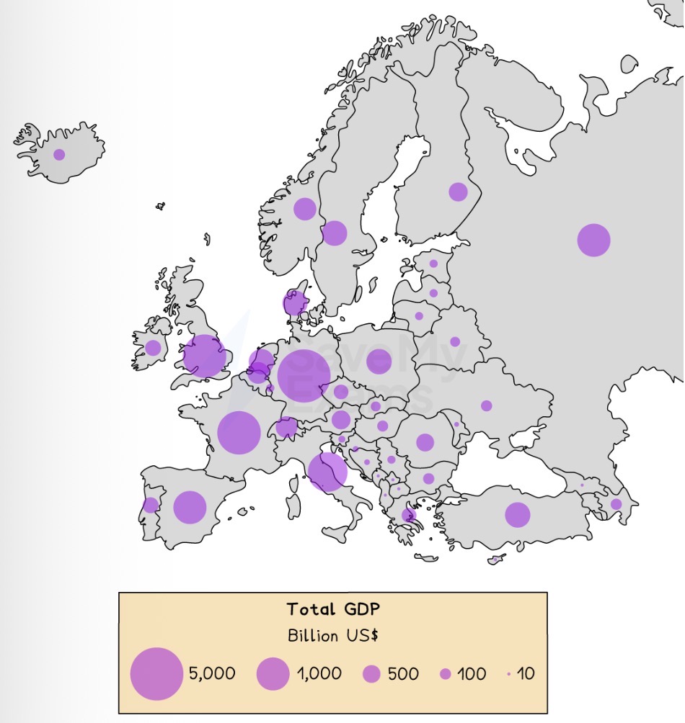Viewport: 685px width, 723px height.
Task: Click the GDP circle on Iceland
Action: [59, 154]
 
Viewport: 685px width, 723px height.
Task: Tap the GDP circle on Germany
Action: [304, 375]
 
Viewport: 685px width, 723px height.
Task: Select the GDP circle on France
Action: [239, 433]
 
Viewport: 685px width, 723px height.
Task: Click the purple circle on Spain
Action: [190, 507]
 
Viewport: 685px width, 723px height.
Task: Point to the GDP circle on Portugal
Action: [150, 505]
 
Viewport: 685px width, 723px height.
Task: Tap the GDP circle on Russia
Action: [593, 240]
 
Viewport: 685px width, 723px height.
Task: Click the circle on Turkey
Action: [517, 515]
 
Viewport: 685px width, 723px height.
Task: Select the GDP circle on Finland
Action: [458, 192]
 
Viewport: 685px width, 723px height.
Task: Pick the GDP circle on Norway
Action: [305, 209]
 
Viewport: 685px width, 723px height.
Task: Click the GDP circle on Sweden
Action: [334, 233]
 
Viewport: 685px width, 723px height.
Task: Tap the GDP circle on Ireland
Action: [153, 348]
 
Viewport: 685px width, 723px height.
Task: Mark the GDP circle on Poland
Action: [379, 361]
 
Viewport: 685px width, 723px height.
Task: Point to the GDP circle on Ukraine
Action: [487, 405]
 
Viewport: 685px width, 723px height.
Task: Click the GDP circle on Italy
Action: [327, 472]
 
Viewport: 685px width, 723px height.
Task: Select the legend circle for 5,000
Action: [156, 674]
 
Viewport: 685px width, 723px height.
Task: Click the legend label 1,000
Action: [319, 674]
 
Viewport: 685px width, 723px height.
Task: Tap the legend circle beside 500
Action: [371, 674]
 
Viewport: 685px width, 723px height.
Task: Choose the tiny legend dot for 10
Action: [509, 674]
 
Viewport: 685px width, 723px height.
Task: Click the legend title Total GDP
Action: [333, 609]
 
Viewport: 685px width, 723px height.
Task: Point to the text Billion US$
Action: [333, 636]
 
